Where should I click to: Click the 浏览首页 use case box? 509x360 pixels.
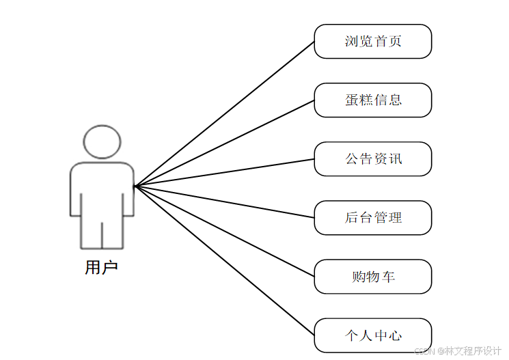point(372,42)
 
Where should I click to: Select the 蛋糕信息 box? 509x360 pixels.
point(372,100)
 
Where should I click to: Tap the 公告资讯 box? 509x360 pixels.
point(372,159)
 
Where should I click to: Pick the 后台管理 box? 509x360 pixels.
point(372,218)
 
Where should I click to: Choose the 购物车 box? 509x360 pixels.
point(372,277)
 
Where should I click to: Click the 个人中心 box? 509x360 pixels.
point(372,335)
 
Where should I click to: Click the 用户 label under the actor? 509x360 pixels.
point(101,267)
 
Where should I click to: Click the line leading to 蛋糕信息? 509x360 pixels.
point(225,143)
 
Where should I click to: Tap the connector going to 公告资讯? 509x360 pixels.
point(225,172)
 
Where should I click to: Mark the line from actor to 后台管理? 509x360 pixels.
point(225,202)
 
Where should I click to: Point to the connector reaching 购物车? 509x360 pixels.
point(225,231)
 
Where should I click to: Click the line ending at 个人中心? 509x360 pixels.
point(225,260)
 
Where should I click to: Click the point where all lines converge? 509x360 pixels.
point(135,186)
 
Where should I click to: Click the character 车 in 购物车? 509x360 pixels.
point(388,277)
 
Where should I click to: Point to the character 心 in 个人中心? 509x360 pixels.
point(395,335)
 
